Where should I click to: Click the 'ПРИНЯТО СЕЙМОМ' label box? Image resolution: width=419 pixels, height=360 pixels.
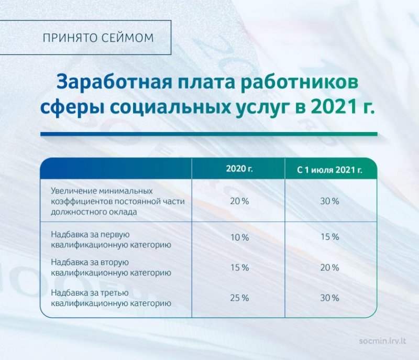(85, 37)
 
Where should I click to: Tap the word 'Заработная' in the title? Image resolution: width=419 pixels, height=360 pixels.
(114, 82)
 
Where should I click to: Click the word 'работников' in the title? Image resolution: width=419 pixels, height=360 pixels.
(299, 82)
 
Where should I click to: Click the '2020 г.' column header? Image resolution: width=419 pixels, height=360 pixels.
(239, 169)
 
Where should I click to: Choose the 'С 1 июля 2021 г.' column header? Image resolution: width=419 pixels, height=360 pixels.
(330, 170)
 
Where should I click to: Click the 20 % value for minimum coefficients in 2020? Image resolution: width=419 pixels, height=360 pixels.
(239, 201)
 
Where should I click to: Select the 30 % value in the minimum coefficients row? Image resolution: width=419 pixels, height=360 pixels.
(330, 201)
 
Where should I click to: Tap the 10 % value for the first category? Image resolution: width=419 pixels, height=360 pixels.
(239, 237)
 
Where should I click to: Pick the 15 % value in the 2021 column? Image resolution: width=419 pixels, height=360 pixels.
(330, 237)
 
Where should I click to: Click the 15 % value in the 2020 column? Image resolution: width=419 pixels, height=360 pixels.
(239, 268)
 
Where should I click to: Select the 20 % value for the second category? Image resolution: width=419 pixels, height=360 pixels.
(330, 268)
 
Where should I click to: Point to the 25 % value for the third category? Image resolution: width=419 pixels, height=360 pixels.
(239, 298)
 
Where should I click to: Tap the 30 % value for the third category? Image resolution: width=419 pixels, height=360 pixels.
(330, 298)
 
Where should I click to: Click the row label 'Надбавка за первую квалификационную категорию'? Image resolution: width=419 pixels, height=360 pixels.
(111, 239)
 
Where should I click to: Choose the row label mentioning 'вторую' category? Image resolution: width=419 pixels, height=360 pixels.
(111, 268)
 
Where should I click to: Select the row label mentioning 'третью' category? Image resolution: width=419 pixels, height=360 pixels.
(111, 298)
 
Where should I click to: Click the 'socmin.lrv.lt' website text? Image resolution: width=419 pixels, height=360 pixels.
(383, 341)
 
